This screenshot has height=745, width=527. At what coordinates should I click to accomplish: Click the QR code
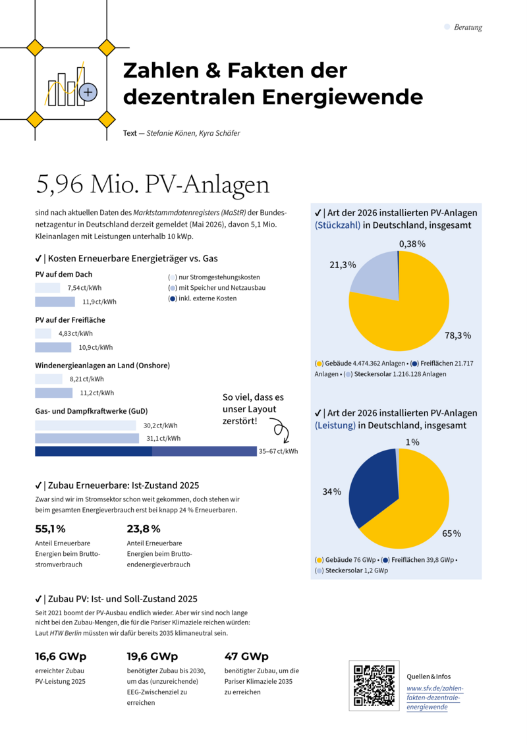point(374,685)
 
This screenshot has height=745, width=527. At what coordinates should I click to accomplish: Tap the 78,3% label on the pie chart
point(458,335)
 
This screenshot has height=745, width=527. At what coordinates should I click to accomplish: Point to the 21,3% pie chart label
point(343,265)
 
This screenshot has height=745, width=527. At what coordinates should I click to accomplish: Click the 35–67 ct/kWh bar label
point(278,451)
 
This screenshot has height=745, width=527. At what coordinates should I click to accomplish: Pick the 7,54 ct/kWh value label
point(84,288)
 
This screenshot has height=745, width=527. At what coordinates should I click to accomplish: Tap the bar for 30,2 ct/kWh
point(86,426)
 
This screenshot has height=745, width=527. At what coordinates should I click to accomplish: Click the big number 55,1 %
point(50,529)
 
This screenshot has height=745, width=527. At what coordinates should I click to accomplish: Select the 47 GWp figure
point(246,657)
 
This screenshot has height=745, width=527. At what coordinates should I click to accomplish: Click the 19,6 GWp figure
point(152,657)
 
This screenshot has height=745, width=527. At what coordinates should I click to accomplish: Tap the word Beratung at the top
point(468,27)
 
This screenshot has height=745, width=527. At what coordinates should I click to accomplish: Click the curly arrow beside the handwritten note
point(281,430)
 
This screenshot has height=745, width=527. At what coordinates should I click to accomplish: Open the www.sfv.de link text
point(434,698)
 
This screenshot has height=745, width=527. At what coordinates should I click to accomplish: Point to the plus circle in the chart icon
point(88,92)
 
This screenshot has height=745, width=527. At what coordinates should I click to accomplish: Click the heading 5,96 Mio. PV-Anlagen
point(153,184)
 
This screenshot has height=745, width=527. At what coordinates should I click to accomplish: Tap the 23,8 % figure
point(144,529)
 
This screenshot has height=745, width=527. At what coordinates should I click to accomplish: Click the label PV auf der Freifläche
point(70,319)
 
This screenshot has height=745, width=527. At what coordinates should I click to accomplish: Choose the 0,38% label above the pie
point(412,244)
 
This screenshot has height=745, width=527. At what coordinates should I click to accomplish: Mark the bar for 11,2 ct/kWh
point(54,393)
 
